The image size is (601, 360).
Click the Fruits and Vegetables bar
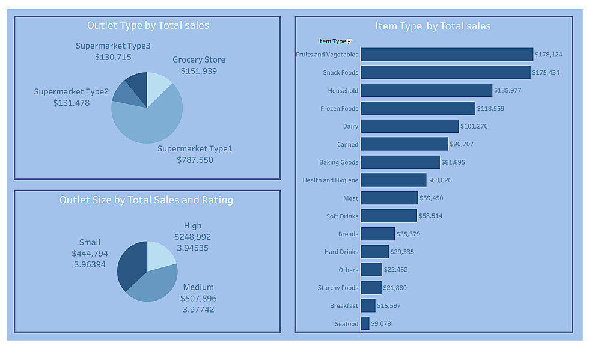pos(447,55)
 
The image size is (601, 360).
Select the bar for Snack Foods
pos(445,73)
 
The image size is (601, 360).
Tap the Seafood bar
pos(365,324)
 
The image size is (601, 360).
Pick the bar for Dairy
pos(409,126)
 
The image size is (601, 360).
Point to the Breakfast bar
pos(368,306)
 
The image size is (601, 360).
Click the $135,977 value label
pos(509,91)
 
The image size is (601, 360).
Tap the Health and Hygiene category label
pos(330,180)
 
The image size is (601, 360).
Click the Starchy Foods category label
pos(338,288)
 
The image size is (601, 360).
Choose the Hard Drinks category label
pos(341,252)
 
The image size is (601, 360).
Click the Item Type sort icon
pos(350,41)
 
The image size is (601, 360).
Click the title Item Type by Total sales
pos(433,26)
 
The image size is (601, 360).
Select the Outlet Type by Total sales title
pos(148,25)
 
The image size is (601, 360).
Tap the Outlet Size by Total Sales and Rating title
pos(146,200)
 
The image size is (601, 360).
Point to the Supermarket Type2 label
pos(71,92)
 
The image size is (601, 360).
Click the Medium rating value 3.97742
pos(198,310)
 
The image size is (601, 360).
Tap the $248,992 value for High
pos(192,237)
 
